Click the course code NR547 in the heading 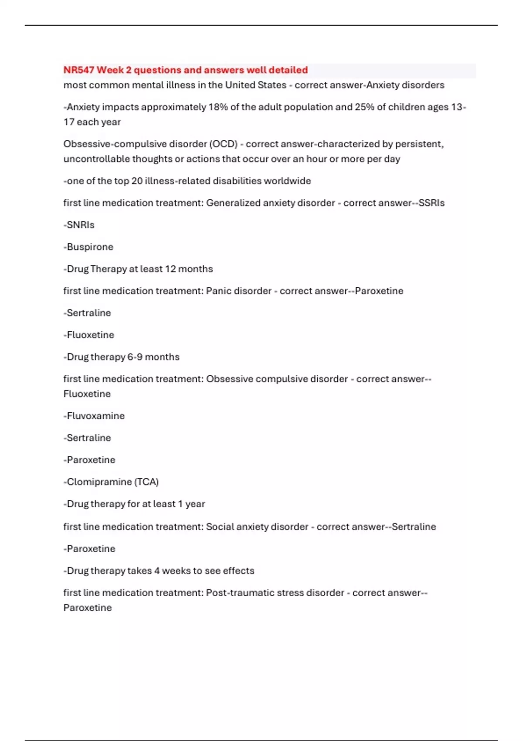(79, 70)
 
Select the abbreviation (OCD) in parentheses (223, 144)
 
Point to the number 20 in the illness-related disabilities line (137, 181)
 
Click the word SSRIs (431, 203)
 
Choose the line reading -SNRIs (79, 225)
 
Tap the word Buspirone (90, 247)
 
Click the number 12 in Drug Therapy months (170, 269)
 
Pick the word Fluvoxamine (95, 416)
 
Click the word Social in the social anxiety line (220, 527)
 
